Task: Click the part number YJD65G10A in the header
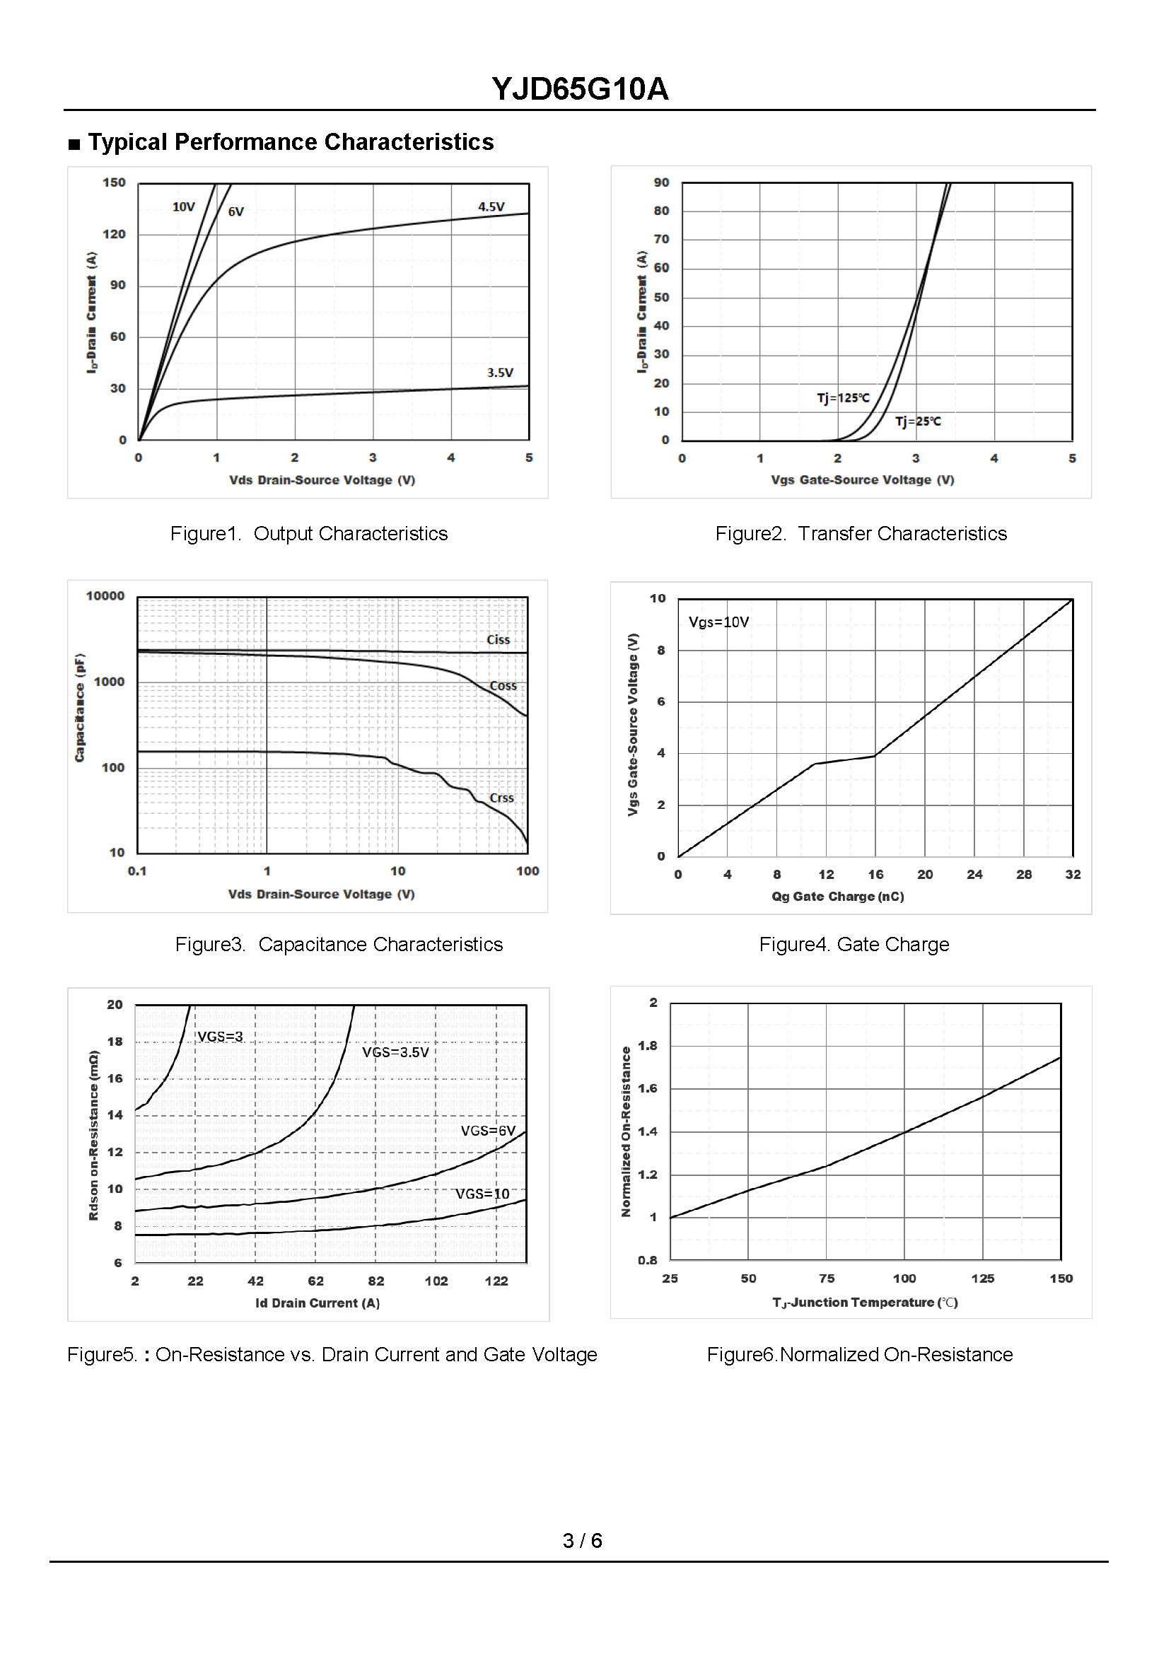pos(580,89)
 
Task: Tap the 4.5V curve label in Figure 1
pos(491,207)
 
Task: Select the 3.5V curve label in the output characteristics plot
pos(500,373)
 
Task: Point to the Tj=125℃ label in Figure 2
pos(843,398)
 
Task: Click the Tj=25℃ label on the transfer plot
pos(917,421)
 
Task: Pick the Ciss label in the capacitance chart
pos(498,640)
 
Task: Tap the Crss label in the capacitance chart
pos(501,798)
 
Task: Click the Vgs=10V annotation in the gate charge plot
pos(718,622)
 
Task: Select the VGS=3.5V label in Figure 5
pos(395,1053)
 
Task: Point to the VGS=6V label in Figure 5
pos(488,1131)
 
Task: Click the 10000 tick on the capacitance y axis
pos(105,596)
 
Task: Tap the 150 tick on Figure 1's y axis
pos(114,182)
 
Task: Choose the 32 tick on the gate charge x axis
pos(1072,875)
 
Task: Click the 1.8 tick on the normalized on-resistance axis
pos(648,1045)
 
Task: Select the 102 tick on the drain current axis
pos(436,1281)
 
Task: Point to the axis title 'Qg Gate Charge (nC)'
pos(837,896)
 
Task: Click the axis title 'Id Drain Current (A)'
pos(317,1303)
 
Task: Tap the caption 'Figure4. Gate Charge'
pos(854,945)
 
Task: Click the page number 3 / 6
pos(582,1541)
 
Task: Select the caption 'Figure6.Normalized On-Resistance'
pos(859,1355)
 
